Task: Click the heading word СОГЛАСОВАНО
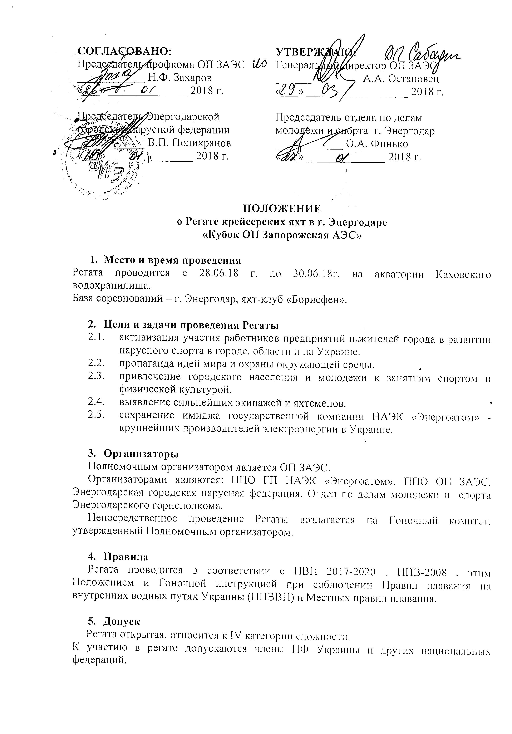[x=125, y=51]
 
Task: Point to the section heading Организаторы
[x=141, y=454]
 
